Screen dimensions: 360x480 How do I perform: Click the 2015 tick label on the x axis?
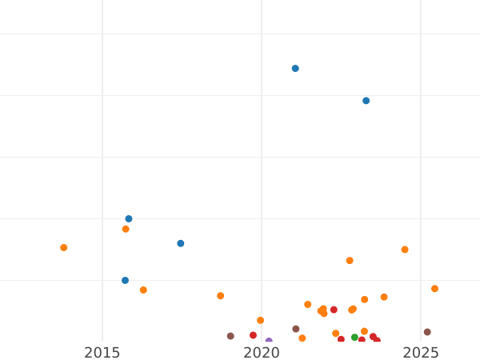(x=102, y=353)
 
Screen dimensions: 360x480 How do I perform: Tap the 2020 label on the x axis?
(x=262, y=353)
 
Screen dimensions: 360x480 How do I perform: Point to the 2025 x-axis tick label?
(x=421, y=353)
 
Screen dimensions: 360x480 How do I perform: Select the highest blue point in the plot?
(x=295, y=69)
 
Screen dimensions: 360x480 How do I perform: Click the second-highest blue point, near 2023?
(x=366, y=101)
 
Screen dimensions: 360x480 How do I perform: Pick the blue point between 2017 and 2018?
(x=181, y=243)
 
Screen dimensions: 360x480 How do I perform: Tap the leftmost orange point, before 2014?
(x=64, y=248)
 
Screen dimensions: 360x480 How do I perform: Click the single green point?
(x=354, y=338)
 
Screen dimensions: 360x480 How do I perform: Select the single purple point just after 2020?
(x=269, y=342)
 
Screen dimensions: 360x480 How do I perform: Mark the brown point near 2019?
(x=230, y=336)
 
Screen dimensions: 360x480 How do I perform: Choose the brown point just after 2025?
(x=427, y=332)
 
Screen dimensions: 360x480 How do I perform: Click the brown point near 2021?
(x=296, y=329)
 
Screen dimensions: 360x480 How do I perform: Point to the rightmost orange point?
(x=434, y=289)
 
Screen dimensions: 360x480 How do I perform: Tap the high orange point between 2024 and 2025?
(x=405, y=250)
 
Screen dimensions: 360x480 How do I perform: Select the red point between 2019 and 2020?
(x=253, y=335)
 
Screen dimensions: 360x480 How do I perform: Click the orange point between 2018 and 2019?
(x=221, y=296)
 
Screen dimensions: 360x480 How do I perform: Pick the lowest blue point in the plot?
(x=125, y=280)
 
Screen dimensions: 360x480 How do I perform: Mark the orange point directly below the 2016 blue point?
(x=126, y=229)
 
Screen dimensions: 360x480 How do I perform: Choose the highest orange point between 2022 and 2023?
(x=350, y=261)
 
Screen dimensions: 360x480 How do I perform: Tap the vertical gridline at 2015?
(x=102, y=160)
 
